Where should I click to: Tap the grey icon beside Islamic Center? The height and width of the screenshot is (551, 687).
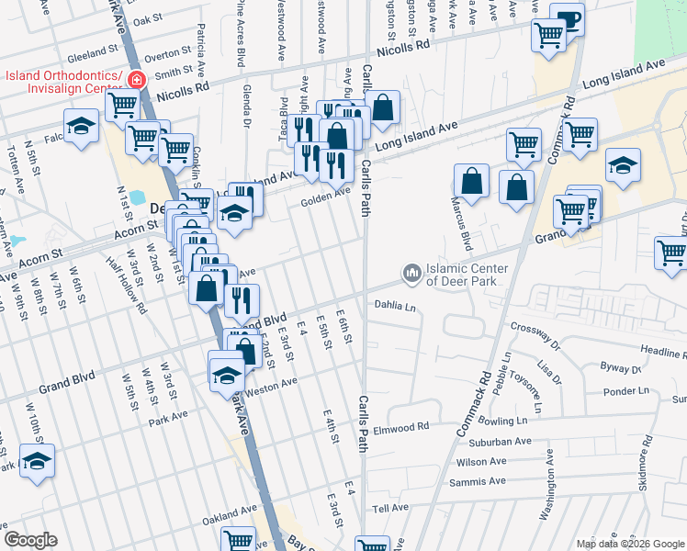[411, 274]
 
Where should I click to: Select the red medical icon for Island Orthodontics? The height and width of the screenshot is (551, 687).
[136, 81]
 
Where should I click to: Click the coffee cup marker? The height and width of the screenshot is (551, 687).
[568, 21]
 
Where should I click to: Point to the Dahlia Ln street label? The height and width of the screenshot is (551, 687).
[395, 306]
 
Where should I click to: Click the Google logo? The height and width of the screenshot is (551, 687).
[30, 540]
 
